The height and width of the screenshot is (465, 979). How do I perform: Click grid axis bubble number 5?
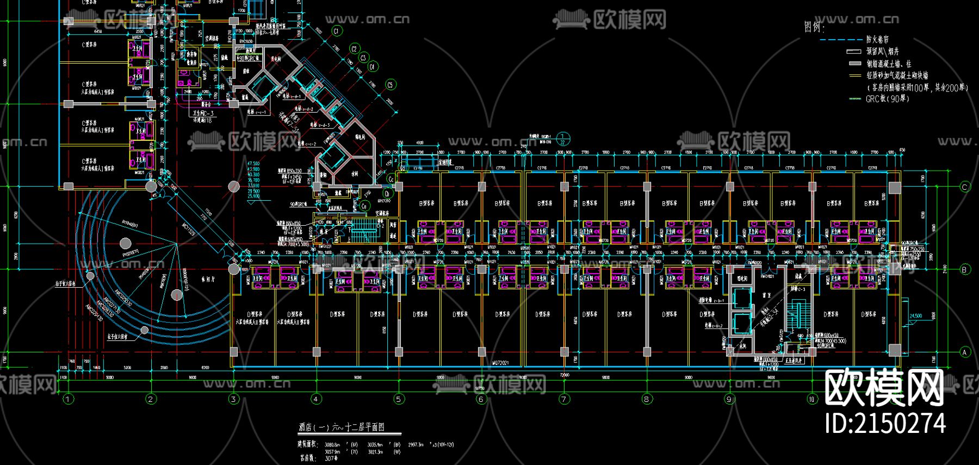[399, 399]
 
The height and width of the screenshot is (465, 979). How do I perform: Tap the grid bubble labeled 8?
[647, 399]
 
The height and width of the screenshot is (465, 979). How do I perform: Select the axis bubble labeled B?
[965, 269]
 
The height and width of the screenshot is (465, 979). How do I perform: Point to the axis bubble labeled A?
[965, 352]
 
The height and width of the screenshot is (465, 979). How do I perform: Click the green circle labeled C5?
[390, 85]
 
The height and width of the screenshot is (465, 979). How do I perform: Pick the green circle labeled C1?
[336, 31]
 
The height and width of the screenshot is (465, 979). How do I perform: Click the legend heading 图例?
[814, 27]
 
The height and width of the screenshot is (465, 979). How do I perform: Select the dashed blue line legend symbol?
[840, 40]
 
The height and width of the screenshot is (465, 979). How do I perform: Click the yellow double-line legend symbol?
[854, 76]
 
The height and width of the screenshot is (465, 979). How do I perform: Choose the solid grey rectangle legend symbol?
[854, 64]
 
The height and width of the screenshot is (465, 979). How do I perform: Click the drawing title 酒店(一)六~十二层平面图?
[342, 427]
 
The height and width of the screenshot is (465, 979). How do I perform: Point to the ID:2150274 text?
[885, 424]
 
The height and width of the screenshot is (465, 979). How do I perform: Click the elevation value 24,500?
[916, 316]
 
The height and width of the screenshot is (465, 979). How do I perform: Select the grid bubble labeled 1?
[68, 399]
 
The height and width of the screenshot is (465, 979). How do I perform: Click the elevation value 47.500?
[253, 164]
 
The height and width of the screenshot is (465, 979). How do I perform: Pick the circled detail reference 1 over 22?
[563, 139]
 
